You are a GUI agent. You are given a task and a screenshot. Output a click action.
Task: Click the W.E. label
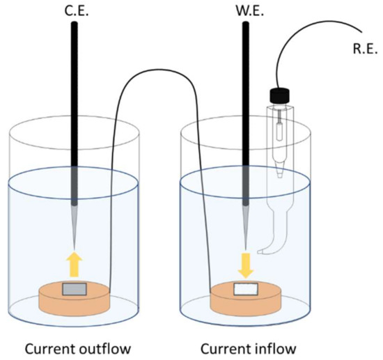point(246,10)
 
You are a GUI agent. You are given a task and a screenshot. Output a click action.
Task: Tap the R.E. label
point(361,51)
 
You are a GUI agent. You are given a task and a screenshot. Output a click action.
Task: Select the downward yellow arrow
point(246,264)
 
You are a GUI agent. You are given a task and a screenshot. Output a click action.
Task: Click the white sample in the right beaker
point(246,289)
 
